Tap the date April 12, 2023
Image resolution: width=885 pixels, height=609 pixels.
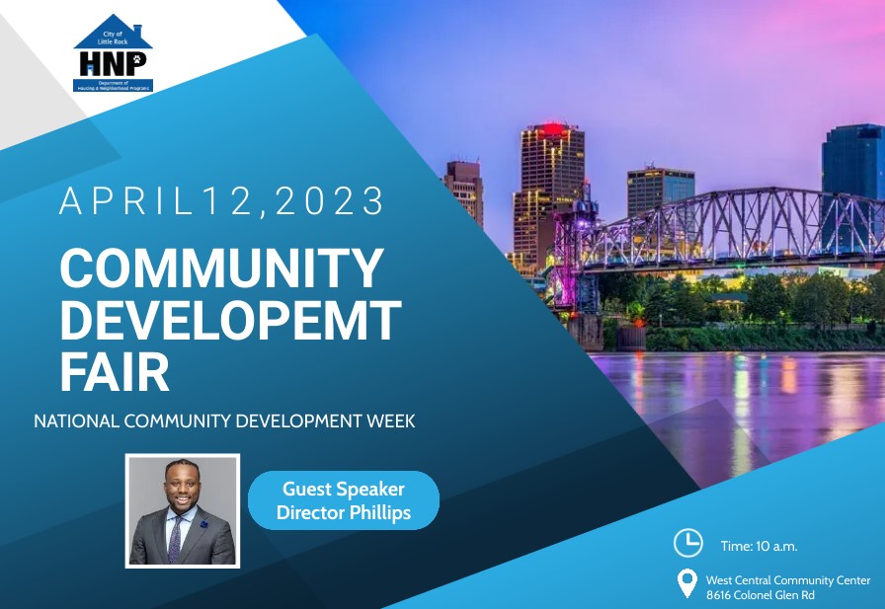coord(221,201)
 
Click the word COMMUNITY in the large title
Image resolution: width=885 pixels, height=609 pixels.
coord(221,267)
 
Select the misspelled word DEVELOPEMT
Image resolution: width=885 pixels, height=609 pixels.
coord(229,320)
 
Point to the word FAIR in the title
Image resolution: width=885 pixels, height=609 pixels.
coord(115,372)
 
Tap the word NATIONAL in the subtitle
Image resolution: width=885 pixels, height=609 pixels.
coord(77,420)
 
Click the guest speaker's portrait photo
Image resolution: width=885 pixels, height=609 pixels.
coord(183,510)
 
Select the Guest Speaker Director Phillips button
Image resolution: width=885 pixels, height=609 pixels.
coord(343,500)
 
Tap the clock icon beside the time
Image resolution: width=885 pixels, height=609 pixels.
coord(687,542)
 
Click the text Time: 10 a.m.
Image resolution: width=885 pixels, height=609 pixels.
coord(759,546)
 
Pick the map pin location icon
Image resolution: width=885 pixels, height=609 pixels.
coord(686,583)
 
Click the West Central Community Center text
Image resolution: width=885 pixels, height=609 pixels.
coord(788,580)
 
